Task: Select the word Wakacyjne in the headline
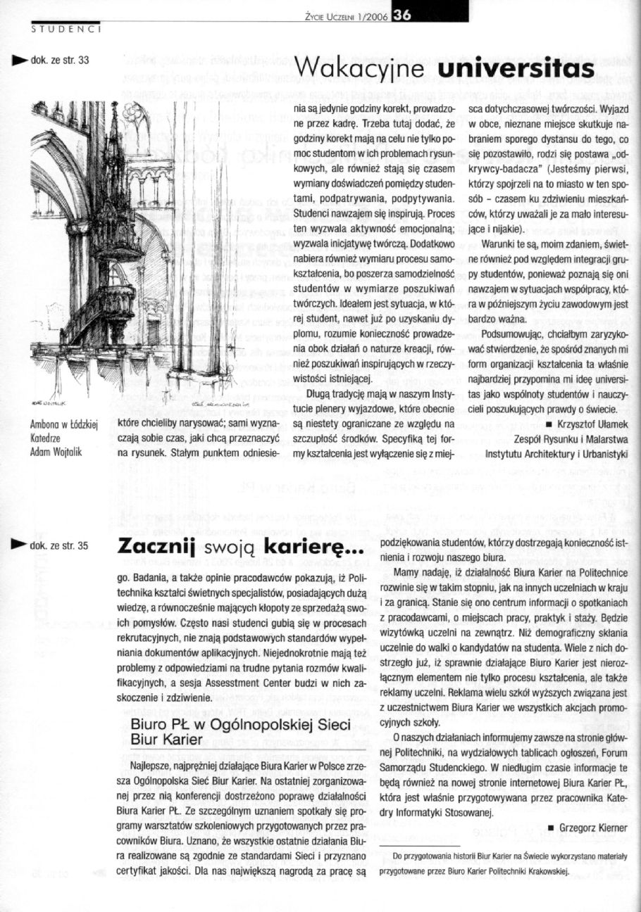(x=362, y=69)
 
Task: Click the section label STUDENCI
(x=66, y=30)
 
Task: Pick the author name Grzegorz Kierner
(x=592, y=828)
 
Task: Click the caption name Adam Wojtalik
(x=56, y=452)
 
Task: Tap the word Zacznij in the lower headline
(x=155, y=546)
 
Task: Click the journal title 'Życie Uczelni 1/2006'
(x=344, y=19)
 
